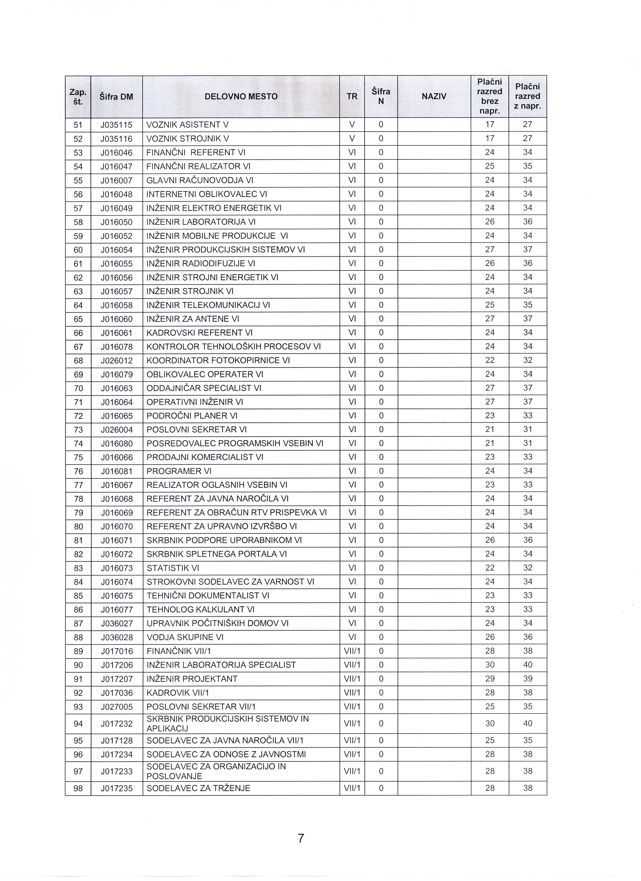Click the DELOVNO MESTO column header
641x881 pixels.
coord(241,97)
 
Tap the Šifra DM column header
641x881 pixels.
coord(116,97)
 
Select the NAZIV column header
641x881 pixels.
coord(434,97)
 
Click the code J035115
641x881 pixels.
coord(117,125)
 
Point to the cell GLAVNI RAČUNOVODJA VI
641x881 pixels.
coord(200,181)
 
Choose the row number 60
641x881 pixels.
coord(78,250)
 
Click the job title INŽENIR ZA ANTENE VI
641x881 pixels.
coord(193,319)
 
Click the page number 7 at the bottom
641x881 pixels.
coord(301,838)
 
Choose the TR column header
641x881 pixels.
coord(352,97)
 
